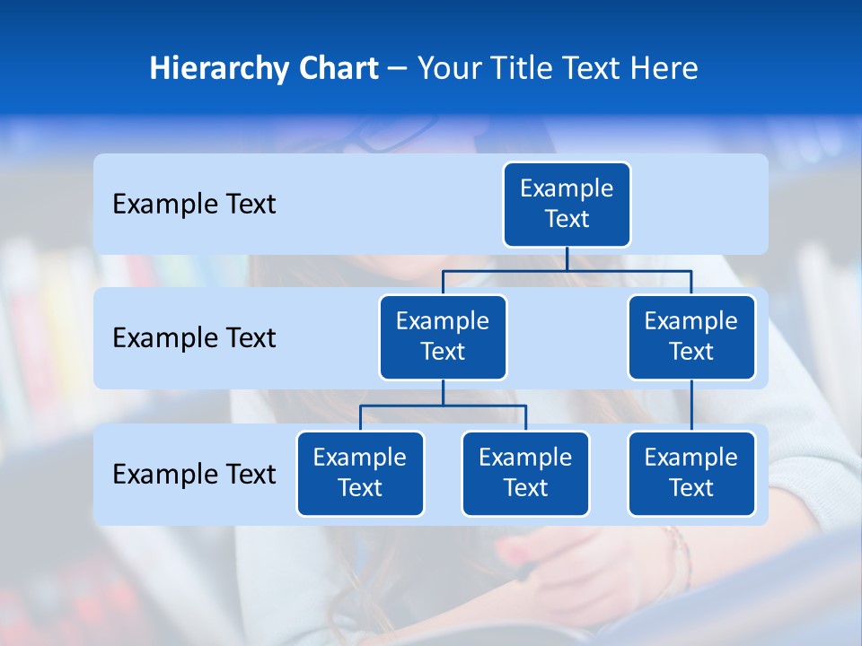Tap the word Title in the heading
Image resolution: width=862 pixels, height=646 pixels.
pos(532,68)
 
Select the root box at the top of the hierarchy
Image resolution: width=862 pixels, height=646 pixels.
pos(567,204)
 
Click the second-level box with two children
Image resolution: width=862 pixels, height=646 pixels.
pos(443,336)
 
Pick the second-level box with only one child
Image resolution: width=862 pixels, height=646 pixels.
pos(691,336)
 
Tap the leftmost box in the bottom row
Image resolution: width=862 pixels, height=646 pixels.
pos(360,473)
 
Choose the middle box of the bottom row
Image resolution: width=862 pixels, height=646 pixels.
pos(525,473)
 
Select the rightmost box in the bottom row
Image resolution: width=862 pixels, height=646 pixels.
pos(691,473)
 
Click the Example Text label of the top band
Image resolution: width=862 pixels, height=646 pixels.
pos(194,205)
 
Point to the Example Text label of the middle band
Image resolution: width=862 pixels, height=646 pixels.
pos(194,338)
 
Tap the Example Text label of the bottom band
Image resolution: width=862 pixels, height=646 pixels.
pos(194,474)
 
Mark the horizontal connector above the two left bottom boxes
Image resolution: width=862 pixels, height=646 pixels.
pos(404,406)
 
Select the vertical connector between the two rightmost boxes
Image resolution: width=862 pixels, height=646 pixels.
pos(691,406)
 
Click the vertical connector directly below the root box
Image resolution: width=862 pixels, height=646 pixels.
pos(567,258)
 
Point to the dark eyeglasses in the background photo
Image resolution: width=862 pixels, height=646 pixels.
pos(382,135)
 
